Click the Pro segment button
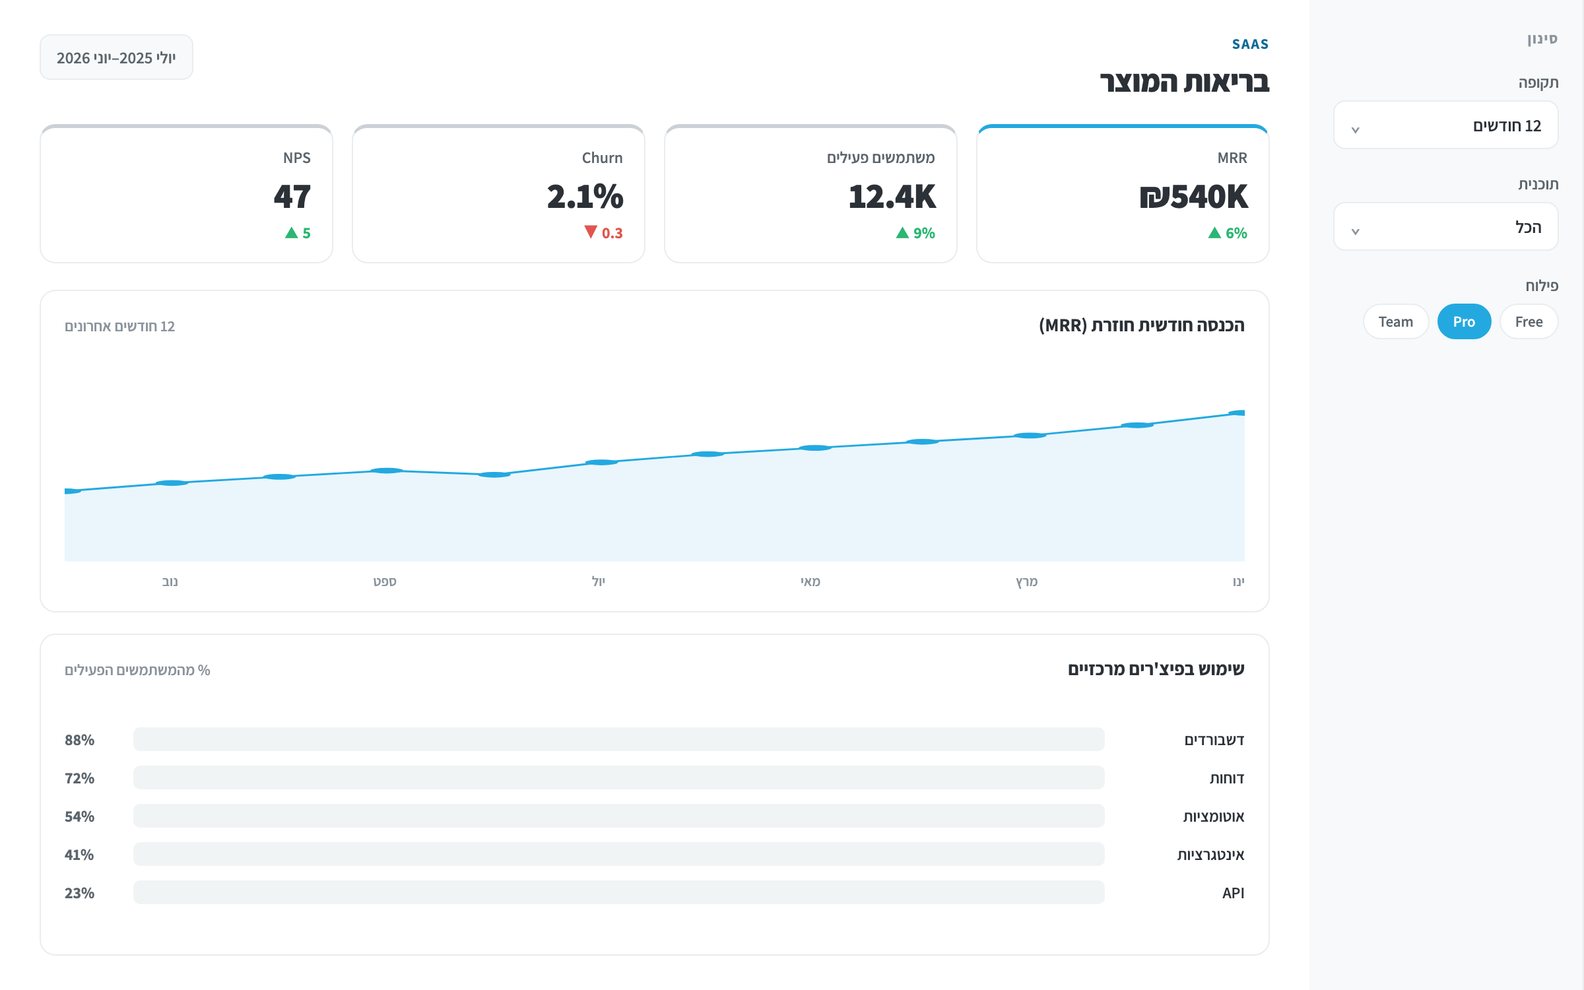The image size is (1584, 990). tap(1464, 321)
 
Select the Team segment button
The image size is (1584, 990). tap(1396, 321)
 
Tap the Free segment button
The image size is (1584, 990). tap(1529, 321)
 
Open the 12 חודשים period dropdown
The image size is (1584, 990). tap(1445, 125)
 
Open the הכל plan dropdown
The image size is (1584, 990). tap(1445, 227)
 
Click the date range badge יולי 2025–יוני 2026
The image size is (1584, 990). tap(116, 57)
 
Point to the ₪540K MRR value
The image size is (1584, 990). tap(1193, 197)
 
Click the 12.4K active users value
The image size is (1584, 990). tap(892, 197)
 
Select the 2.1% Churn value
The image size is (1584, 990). tap(585, 197)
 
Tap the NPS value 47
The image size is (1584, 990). tap(292, 197)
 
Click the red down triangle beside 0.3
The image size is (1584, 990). tap(591, 232)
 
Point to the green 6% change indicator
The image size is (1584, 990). tap(1228, 233)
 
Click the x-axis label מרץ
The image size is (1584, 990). tap(1027, 581)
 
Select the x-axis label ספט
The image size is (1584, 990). tap(385, 581)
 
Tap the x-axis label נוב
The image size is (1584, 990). tap(170, 581)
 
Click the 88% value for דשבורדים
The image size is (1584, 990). tap(79, 740)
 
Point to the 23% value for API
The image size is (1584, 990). tap(79, 893)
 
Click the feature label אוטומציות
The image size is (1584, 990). tap(1214, 816)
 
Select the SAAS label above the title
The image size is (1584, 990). tap(1250, 44)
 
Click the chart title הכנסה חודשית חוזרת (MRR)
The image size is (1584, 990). tap(1142, 325)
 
